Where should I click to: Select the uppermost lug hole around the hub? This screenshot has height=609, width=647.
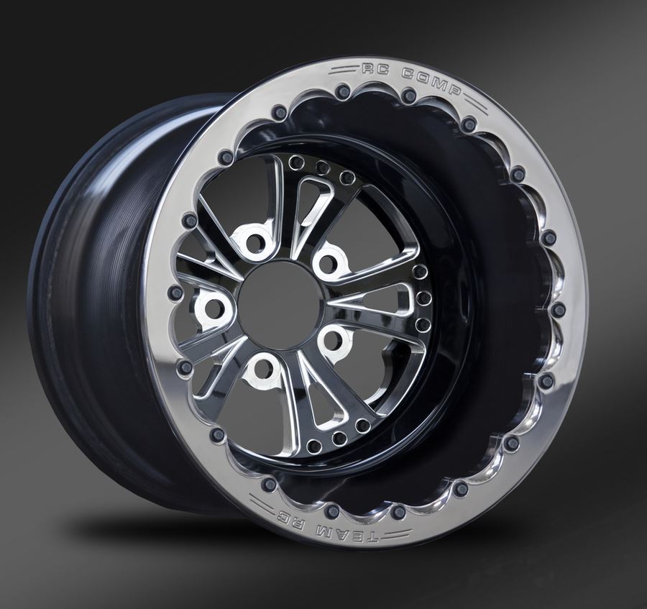coord(255,242)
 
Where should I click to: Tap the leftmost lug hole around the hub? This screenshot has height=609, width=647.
coord(214,309)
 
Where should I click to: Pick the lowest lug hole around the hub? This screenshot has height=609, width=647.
coord(262,369)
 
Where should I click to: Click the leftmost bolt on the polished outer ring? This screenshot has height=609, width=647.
coord(175,293)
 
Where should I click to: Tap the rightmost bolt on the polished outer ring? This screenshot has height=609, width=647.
coord(558,310)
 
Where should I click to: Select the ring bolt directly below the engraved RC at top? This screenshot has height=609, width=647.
coord(343,92)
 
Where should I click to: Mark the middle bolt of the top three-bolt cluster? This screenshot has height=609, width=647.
coord(322,168)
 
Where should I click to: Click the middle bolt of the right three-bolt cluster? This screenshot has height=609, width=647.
coord(424,298)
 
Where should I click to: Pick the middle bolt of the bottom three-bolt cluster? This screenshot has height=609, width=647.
coord(339,438)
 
